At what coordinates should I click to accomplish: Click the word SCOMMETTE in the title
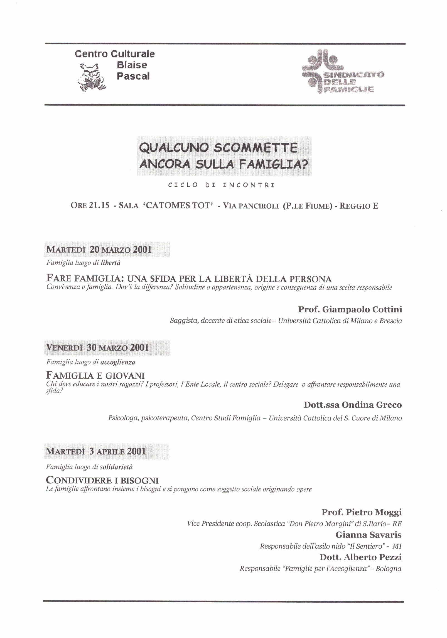256,148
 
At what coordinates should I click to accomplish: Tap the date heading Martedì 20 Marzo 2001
99,249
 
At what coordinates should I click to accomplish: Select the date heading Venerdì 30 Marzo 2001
98,348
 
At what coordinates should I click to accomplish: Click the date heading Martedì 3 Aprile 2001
96,451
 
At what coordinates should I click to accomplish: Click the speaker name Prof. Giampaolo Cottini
350,309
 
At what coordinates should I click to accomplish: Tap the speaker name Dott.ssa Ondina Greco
353,405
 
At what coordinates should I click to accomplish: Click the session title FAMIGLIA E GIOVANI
95,375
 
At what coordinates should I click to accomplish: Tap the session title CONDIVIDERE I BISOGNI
102,480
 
